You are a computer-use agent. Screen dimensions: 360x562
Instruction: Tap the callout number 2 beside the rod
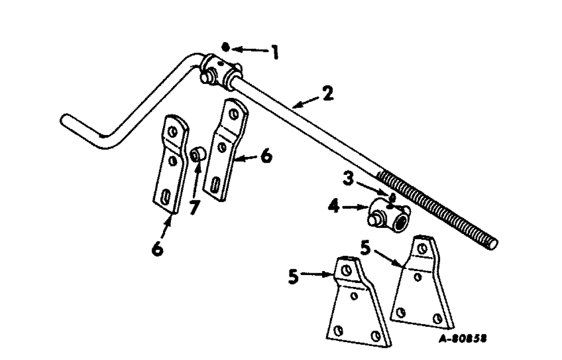327,94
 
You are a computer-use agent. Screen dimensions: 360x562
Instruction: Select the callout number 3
348,181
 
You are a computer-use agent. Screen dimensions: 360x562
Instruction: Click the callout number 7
193,206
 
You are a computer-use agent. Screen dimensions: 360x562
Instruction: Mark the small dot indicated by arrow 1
225,46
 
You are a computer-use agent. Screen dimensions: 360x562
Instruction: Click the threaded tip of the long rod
493,242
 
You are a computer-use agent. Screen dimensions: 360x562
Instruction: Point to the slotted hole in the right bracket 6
216,184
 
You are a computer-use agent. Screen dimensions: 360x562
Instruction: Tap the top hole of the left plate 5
347,271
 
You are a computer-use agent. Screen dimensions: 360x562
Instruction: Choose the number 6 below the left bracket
158,247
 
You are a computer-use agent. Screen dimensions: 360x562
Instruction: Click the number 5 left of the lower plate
292,276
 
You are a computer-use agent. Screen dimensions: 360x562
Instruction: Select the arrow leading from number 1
248,50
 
